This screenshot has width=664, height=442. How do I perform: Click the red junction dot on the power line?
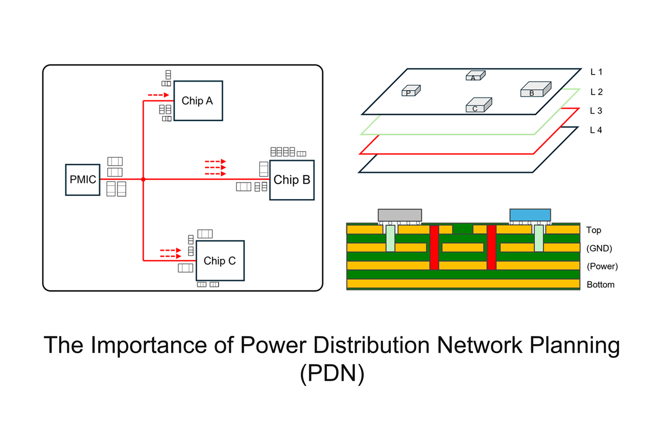tap(143, 179)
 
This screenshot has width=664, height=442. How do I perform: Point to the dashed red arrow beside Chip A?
tap(158, 95)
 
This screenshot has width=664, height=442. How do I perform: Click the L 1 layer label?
tap(596, 72)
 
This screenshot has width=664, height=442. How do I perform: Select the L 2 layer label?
tap(597, 92)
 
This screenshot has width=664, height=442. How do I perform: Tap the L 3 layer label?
tap(596, 111)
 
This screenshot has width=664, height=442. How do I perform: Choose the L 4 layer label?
tap(596, 130)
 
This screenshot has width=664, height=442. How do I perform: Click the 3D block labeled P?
tap(411, 91)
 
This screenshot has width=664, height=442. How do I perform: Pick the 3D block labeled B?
tap(536, 89)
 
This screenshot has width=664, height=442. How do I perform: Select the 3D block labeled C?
tap(479, 105)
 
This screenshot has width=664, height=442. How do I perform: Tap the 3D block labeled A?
tap(476, 76)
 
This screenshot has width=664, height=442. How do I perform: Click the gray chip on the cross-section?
tap(400, 215)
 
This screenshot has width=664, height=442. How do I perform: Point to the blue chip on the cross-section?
tap(530, 215)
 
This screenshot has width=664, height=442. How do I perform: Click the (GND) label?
tap(599, 248)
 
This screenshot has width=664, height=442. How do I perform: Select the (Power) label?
tap(602, 266)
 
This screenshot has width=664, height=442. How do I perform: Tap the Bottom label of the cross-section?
tap(601, 285)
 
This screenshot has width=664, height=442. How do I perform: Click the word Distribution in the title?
tap(371, 345)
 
